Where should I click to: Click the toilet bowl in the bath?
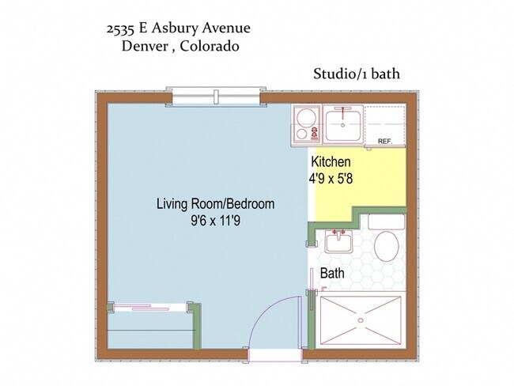(x=386, y=246)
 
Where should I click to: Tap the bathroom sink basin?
(x=338, y=241)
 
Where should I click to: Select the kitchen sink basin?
(x=343, y=124)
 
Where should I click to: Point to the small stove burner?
(x=301, y=134)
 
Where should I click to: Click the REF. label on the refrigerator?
(x=385, y=142)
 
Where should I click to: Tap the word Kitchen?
(x=331, y=161)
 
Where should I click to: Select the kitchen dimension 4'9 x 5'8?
(x=331, y=179)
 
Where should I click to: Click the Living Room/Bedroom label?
(x=215, y=203)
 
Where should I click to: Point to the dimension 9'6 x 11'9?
(x=215, y=221)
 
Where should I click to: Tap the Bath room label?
(x=332, y=273)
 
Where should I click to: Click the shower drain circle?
(x=361, y=320)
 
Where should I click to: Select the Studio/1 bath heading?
(x=357, y=74)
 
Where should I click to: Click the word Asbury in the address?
(x=175, y=28)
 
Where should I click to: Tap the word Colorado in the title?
(x=209, y=46)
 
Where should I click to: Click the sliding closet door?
(x=150, y=308)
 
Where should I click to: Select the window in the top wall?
(x=216, y=96)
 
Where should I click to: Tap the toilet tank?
(x=387, y=222)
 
